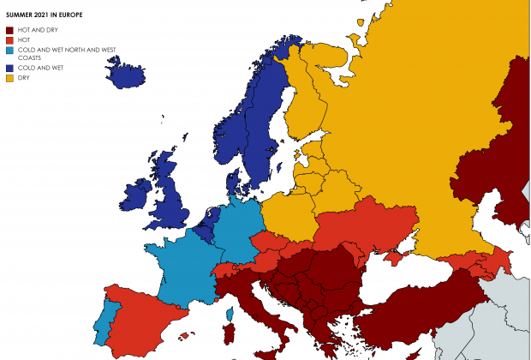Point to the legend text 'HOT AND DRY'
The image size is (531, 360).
click(x=33, y=30)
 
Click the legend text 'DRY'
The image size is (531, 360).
click(x=22, y=78)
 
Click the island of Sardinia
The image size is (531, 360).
click(x=229, y=332)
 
